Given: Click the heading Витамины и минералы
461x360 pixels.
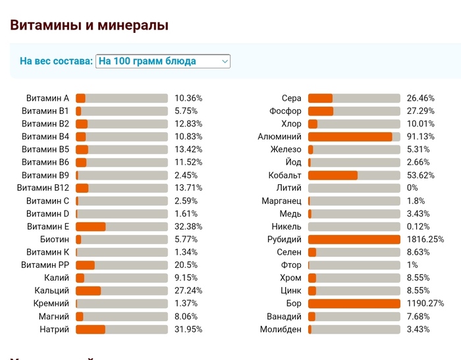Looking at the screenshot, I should (90, 26).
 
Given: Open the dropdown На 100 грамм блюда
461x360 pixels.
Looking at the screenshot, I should (163, 61).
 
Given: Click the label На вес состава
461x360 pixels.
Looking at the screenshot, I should (56, 61).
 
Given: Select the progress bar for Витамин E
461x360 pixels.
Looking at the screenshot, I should (122, 226).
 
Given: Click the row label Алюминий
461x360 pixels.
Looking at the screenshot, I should (279, 137).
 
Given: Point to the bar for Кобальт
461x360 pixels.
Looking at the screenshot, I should (354, 175).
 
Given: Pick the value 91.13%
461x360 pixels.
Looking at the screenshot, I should (421, 137).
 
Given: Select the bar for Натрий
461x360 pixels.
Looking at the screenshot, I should (122, 329).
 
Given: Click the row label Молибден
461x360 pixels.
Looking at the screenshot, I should (281, 329).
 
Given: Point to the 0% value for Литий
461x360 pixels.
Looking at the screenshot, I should (412, 188).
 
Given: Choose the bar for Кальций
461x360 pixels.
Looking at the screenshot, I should (122, 290).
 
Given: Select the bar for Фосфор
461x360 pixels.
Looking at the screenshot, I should (354, 111).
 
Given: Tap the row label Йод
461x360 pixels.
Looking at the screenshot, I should (293, 163).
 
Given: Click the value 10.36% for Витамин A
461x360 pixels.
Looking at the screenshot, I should (188, 98).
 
